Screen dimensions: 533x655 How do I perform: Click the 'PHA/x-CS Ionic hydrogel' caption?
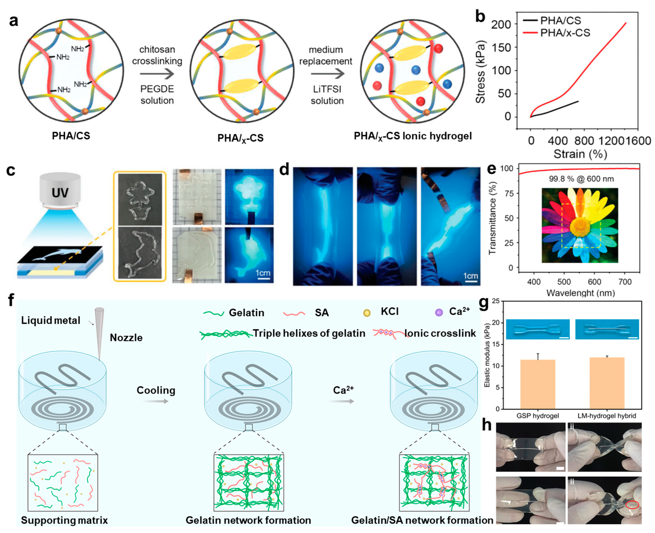click(x=412, y=136)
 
